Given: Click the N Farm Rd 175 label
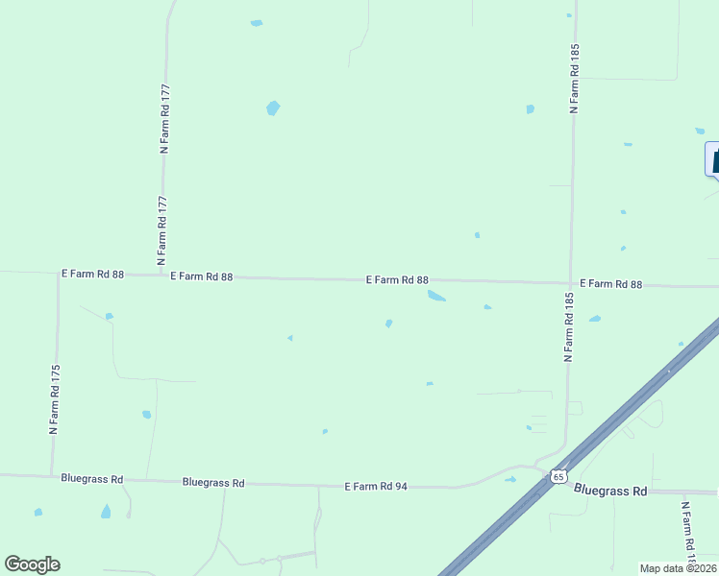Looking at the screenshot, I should (x=56, y=398).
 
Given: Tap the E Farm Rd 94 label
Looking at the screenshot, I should (x=376, y=487).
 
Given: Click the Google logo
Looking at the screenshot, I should (x=32, y=564).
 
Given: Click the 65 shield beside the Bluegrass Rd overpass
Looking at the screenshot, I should (x=558, y=476).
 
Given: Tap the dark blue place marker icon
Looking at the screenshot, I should (x=714, y=158).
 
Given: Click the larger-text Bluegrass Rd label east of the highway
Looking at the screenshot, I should (x=610, y=491).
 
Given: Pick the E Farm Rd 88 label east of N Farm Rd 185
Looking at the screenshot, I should (x=610, y=284).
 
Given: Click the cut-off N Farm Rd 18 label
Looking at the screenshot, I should (x=688, y=533).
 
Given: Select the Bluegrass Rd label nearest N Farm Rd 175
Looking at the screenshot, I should (x=91, y=478).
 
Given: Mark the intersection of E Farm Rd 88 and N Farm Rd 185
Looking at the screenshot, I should (x=570, y=283).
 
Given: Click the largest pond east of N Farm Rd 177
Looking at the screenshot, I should (x=273, y=108).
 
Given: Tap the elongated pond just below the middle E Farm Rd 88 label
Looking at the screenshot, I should (x=436, y=296).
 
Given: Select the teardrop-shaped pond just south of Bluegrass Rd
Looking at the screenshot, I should (x=106, y=512).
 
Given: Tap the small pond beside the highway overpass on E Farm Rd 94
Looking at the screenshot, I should (x=510, y=479).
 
